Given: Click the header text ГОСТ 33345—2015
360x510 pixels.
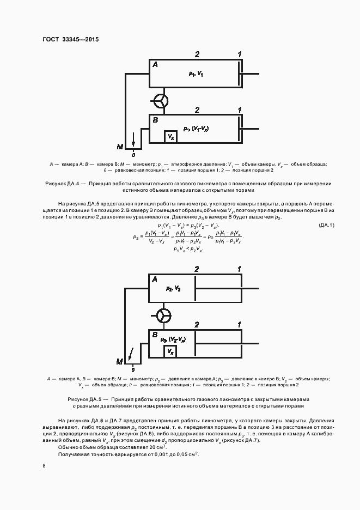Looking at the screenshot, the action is click(x=70, y=39).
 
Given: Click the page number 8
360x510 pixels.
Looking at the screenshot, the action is click(x=44, y=465).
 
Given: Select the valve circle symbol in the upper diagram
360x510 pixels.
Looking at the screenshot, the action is click(x=161, y=101).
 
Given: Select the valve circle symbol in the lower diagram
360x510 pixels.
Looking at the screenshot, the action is click(x=163, y=315).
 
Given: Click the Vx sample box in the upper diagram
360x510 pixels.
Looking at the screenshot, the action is click(x=171, y=136).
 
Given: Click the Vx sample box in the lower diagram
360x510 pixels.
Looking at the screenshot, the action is click(x=171, y=350).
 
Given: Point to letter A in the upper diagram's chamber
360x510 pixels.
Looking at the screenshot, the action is click(x=155, y=65).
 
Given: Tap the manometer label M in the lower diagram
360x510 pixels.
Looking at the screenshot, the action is click(x=120, y=361).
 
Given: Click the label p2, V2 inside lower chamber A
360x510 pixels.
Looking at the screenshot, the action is click(x=174, y=288).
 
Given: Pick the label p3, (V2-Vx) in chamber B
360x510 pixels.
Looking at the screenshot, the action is click(x=175, y=339).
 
